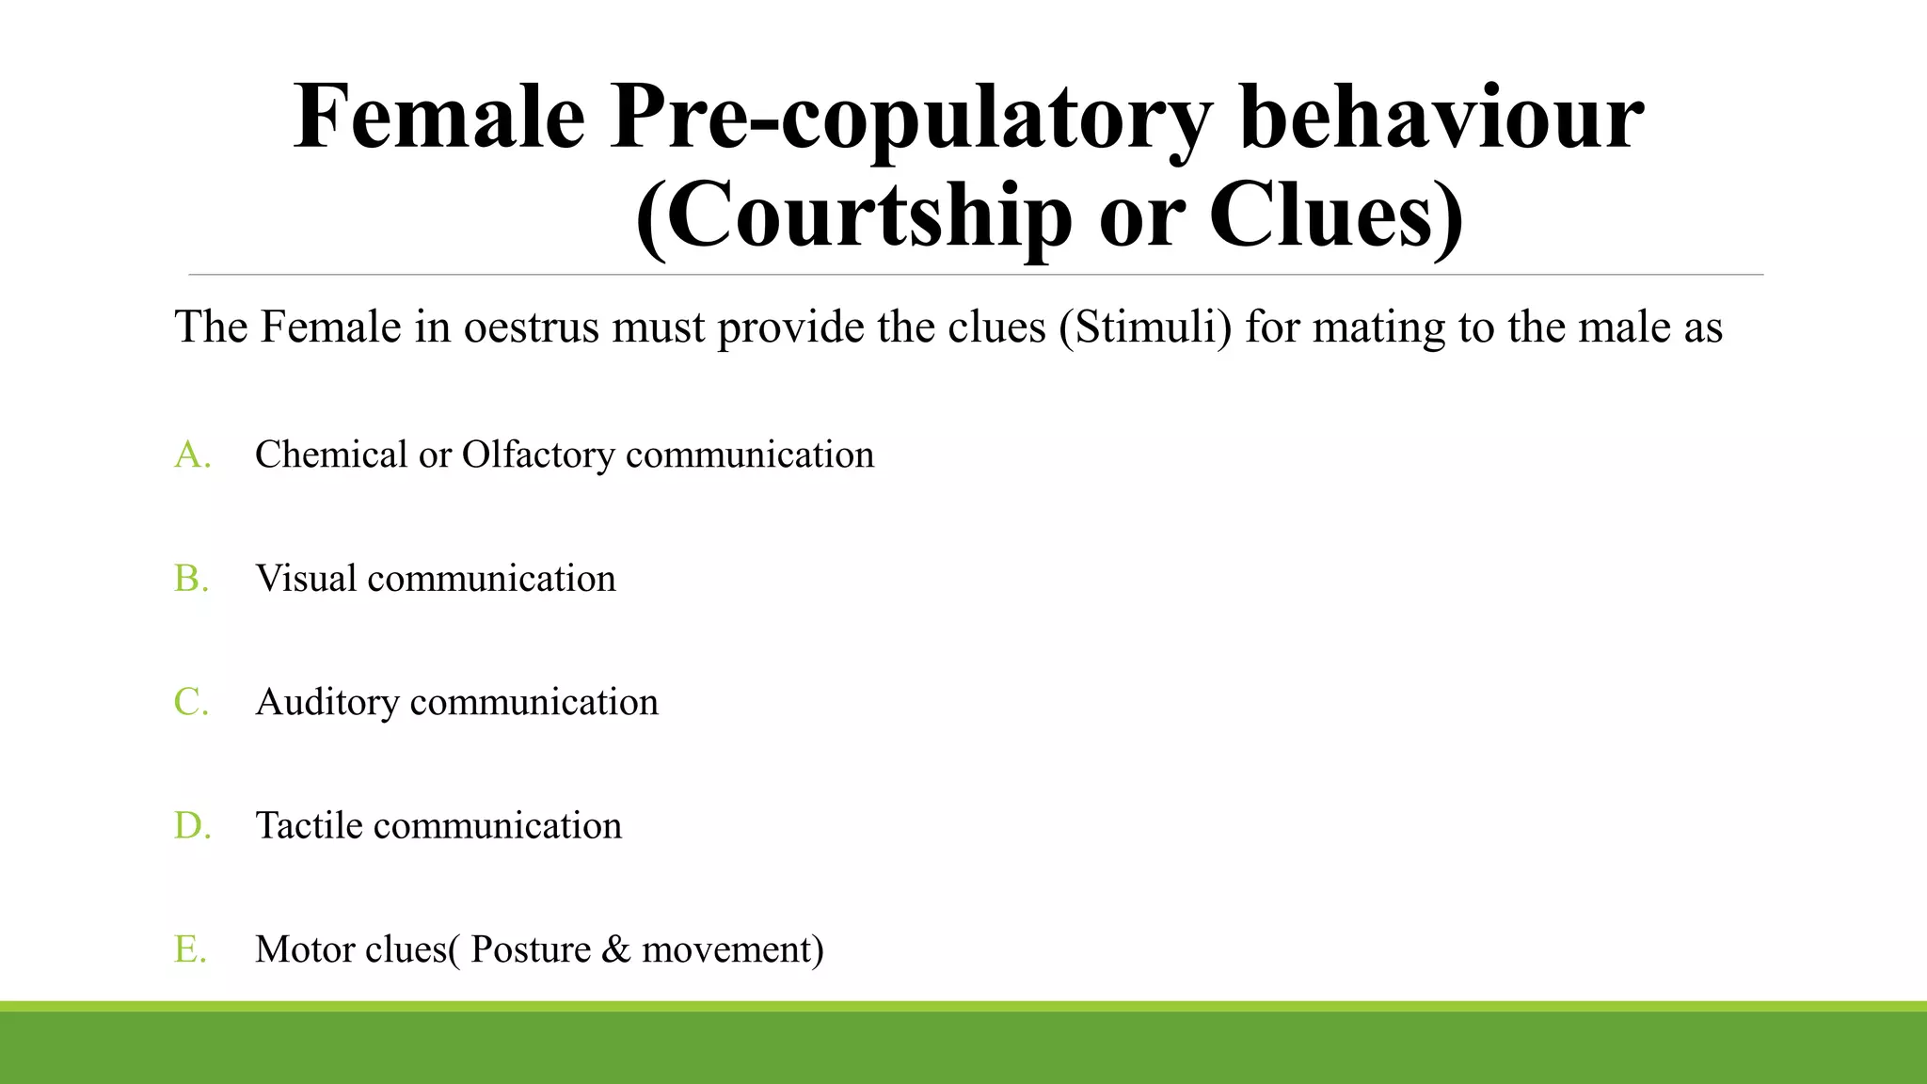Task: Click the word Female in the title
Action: [x=439, y=118]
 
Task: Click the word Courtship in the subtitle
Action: [x=854, y=216]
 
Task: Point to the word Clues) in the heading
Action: [x=1335, y=216]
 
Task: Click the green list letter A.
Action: [x=192, y=454]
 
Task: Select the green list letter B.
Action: [x=191, y=579]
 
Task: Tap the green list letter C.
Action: [x=191, y=702]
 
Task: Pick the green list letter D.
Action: [x=192, y=826]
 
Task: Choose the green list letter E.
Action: [x=190, y=949]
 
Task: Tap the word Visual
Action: [x=306, y=579]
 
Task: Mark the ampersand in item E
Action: [x=615, y=949]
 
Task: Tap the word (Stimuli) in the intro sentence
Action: [x=1145, y=328]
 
